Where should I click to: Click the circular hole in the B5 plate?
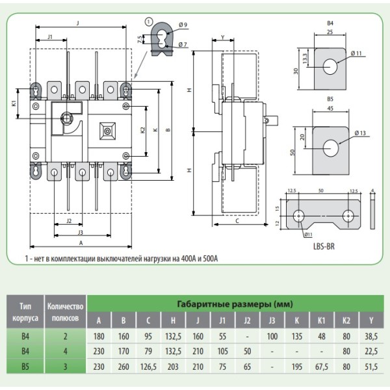pyautogui.click(x=331, y=148)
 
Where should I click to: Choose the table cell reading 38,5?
pyautogui.click(x=371, y=335)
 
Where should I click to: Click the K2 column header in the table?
pyautogui.click(x=346, y=319)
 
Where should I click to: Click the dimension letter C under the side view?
pyautogui.click(x=237, y=221)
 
